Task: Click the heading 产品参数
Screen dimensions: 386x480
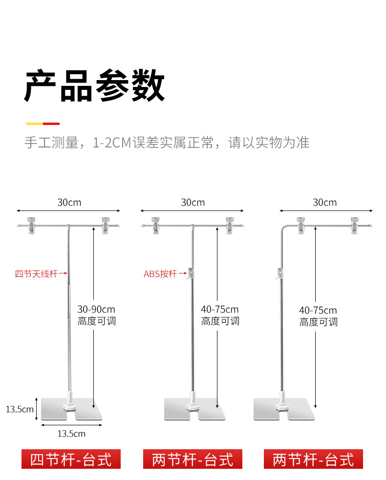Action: coord(94,86)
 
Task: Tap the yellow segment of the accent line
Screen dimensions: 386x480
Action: coord(34,124)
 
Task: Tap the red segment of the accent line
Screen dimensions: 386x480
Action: coord(51,124)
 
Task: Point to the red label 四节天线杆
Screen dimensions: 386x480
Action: coord(36,274)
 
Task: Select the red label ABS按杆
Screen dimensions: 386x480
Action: coord(160,274)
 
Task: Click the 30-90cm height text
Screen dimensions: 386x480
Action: coord(96,309)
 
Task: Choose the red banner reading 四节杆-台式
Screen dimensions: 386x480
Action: coord(71,459)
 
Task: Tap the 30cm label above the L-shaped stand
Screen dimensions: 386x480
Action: coord(324,202)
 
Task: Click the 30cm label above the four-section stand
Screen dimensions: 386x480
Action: coord(69,202)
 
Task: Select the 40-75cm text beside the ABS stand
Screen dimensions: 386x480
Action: coord(220,309)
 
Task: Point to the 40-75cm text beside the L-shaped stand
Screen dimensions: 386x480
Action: coord(318,310)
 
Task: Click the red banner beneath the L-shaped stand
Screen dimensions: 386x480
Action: coord(313,459)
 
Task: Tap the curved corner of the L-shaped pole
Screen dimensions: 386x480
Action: coord(283,228)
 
